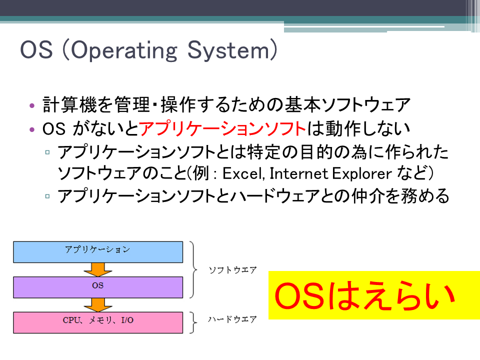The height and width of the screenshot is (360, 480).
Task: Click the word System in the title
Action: [228, 50]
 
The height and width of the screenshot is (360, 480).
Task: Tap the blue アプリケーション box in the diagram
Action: [98, 252]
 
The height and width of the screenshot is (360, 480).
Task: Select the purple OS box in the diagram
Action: [98, 287]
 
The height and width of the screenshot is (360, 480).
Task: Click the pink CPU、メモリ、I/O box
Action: [98, 322]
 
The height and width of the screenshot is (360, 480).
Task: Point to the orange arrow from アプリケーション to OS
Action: [98, 269]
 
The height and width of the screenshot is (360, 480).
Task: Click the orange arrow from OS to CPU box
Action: [98, 305]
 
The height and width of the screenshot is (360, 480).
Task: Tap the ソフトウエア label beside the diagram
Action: [232, 270]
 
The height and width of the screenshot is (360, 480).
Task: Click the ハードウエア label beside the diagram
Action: [232, 319]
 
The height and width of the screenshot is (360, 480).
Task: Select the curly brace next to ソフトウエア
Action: [194, 269]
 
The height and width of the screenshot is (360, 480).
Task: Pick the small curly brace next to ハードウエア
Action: [193, 322]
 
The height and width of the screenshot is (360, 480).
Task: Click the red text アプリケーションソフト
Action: [222, 128]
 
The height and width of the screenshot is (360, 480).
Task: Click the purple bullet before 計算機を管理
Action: [32, 106]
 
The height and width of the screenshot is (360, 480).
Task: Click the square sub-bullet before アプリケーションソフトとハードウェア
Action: [47, 196]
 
